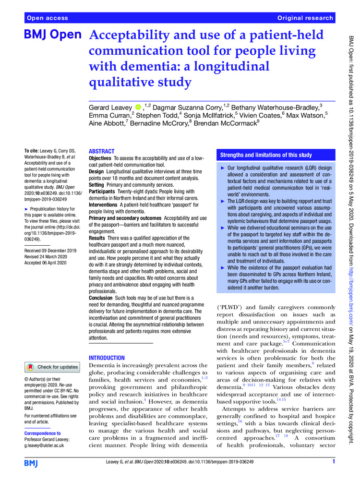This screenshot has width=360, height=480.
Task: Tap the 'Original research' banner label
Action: (x=305, y=18)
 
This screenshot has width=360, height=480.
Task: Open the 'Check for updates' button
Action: (x=52, y=354)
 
